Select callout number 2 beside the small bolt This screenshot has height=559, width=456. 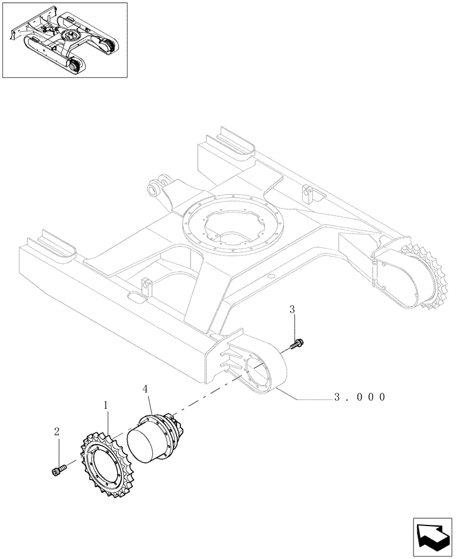[x=57, y=432]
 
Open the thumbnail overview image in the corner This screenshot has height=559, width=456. [x=64, y=40]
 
